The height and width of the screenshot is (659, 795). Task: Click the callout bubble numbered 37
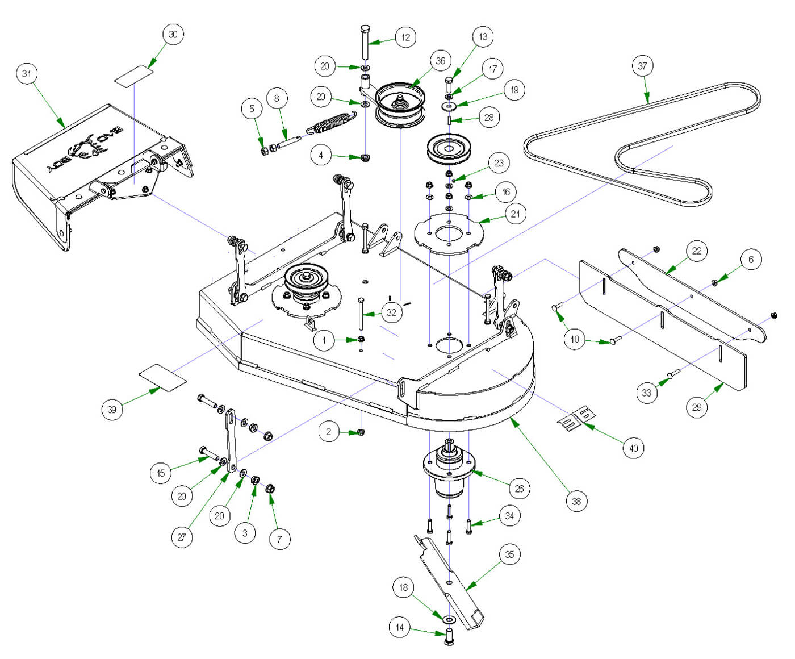642,66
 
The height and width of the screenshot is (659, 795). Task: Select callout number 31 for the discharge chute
27,74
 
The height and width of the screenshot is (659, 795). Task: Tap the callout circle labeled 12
405,37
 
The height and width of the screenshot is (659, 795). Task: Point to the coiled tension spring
331,124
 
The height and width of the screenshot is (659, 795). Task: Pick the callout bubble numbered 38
576,501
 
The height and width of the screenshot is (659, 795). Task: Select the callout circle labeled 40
633,448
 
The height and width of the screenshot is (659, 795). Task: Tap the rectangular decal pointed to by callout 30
134,76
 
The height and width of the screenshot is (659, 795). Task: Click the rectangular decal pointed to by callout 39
163,378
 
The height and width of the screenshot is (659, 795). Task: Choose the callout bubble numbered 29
697,407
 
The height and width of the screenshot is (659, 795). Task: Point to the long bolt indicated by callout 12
365,43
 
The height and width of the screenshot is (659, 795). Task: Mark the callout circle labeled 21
515,214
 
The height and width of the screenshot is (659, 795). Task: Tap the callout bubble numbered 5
252,109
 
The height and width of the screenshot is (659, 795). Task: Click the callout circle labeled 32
391,312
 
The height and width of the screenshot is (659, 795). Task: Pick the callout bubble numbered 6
751,260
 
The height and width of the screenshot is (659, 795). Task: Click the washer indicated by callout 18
449,619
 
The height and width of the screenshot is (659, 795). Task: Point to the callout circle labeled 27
182,537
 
